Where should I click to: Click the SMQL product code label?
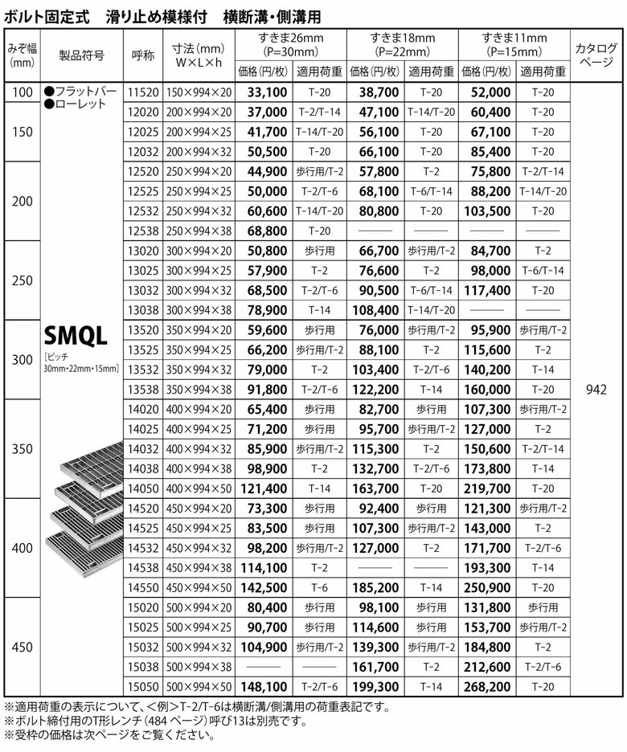click(x=76, y=334)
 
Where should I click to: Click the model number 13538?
click(x=142, y=390)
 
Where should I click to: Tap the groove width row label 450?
click(x=23, y=645)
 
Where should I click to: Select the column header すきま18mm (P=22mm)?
click(x=402, y=44)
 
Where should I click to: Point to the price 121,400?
click(x=264, y=488)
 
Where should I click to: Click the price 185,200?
click(x=377, y=586)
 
